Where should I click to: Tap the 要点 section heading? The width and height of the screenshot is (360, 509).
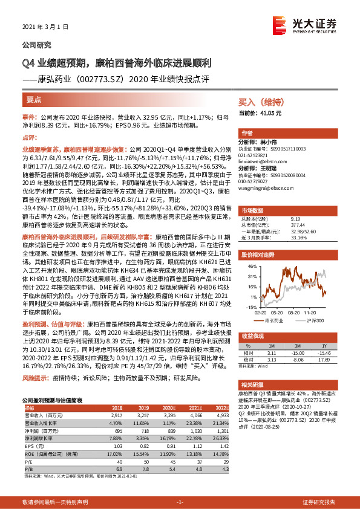pos(34,98)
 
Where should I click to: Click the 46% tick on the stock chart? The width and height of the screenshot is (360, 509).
pos(250,267)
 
